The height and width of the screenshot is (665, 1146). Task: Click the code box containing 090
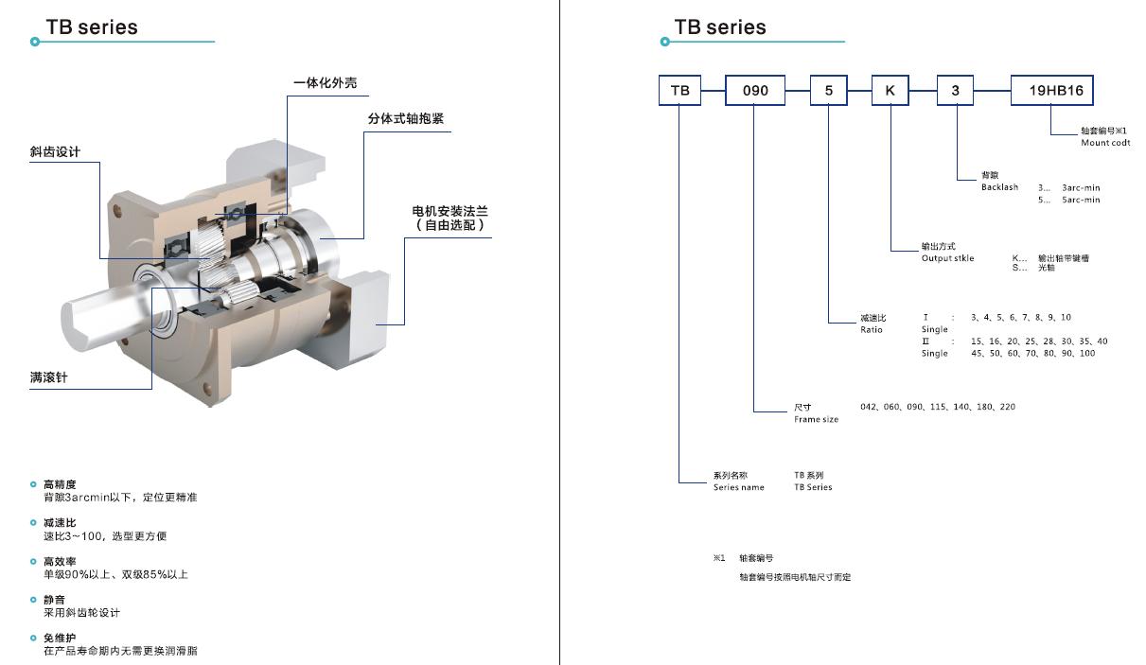pos(755,90)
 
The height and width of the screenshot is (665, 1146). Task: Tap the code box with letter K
pos(890,90)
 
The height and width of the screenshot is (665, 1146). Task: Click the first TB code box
pos(679,90)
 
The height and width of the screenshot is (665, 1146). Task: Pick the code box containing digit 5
pos(829,90)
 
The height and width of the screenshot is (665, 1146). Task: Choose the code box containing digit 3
pos(955,90)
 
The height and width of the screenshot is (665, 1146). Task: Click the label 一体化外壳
pos(326,83)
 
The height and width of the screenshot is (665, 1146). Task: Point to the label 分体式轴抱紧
pos(406,120)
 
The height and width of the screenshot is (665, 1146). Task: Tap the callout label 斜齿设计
pos(55,152)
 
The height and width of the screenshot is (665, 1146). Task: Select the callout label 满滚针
pos(48,378)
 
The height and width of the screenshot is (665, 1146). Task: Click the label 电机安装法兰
pos(450,211)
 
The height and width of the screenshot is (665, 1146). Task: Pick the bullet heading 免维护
pos(60,639)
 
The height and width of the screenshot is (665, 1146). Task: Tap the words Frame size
pos(816,419)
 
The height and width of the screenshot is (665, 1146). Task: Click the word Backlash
pos(999,187)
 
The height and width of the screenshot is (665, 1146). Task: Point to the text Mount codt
pos(1105,143)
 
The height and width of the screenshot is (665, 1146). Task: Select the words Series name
pos(738,487)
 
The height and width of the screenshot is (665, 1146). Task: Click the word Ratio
pos(871,329)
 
